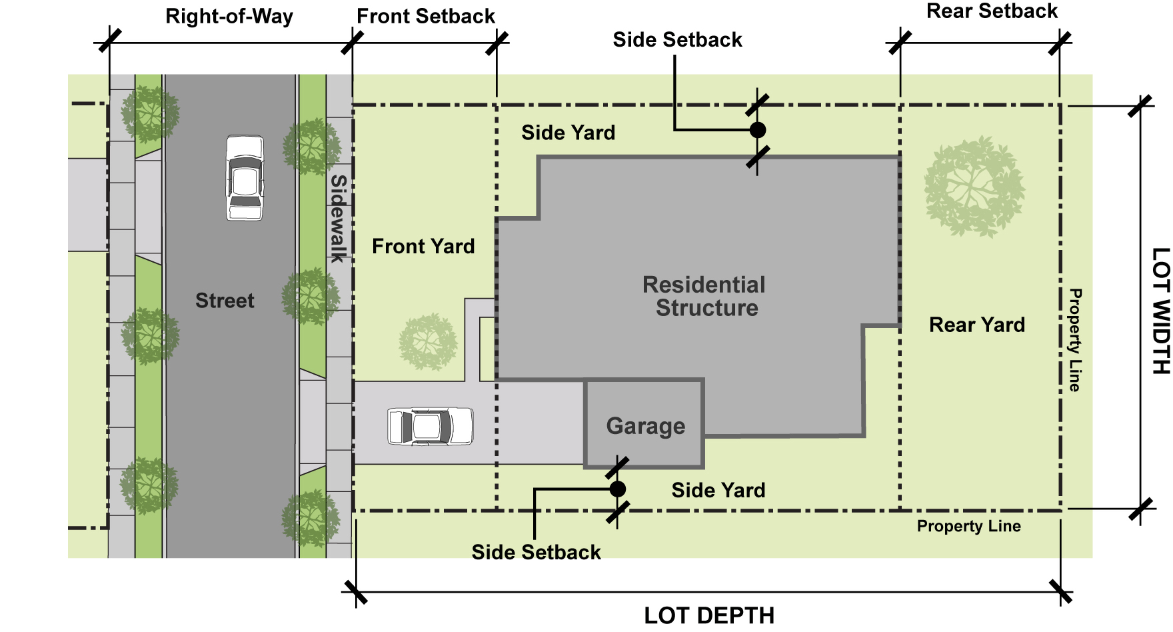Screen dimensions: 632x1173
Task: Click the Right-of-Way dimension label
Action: click(229, 17)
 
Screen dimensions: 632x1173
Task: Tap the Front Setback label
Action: click(426, 17)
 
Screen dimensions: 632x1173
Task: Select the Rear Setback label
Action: click(992, 11)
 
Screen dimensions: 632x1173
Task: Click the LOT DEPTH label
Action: click(709, 615)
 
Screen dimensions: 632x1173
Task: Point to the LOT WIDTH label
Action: click(1160, 311)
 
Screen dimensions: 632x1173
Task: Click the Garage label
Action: click(645, 426)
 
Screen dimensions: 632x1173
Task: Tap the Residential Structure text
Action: click(704, 296)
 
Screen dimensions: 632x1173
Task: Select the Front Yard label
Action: click(423, 247)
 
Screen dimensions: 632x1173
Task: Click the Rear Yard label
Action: click(977, 325)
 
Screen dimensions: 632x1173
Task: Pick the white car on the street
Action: click(245, 178)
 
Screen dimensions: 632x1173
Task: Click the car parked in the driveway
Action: click(431, 426)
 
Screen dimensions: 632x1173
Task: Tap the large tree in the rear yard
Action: click(974, 187)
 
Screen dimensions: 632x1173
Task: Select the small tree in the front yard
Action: click(428, 342)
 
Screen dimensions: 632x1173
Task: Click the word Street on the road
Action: click(225, 301)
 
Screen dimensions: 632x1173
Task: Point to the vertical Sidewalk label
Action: click(339, 218)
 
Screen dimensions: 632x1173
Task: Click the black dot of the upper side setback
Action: click(757, 130)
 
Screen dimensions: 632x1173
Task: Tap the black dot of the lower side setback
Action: click(617, 489)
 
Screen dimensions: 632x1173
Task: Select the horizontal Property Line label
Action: click(968, 527)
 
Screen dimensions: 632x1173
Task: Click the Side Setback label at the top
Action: click(677, 40)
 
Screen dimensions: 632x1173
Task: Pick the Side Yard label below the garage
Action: click(718, 491)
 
